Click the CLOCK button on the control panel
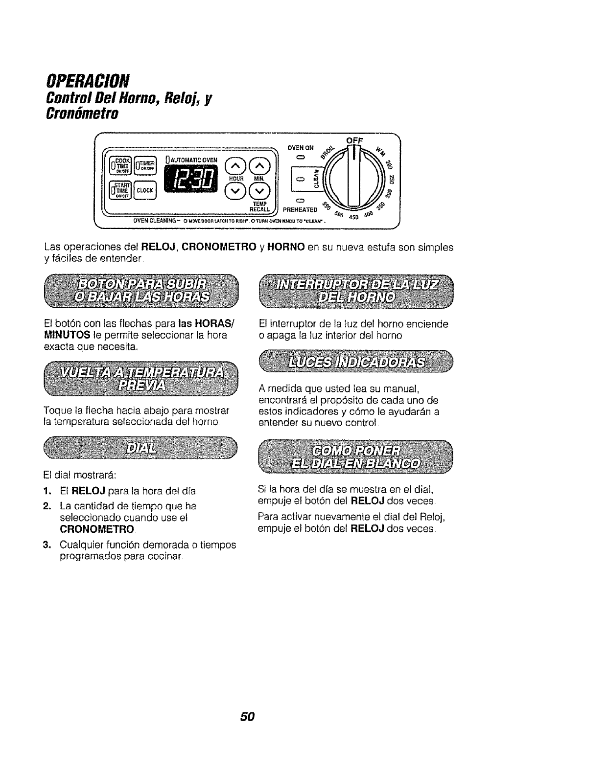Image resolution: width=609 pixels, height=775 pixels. point(145,190)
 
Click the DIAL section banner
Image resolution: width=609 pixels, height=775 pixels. point(140,449)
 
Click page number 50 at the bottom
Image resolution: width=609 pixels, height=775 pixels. point(247,716)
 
